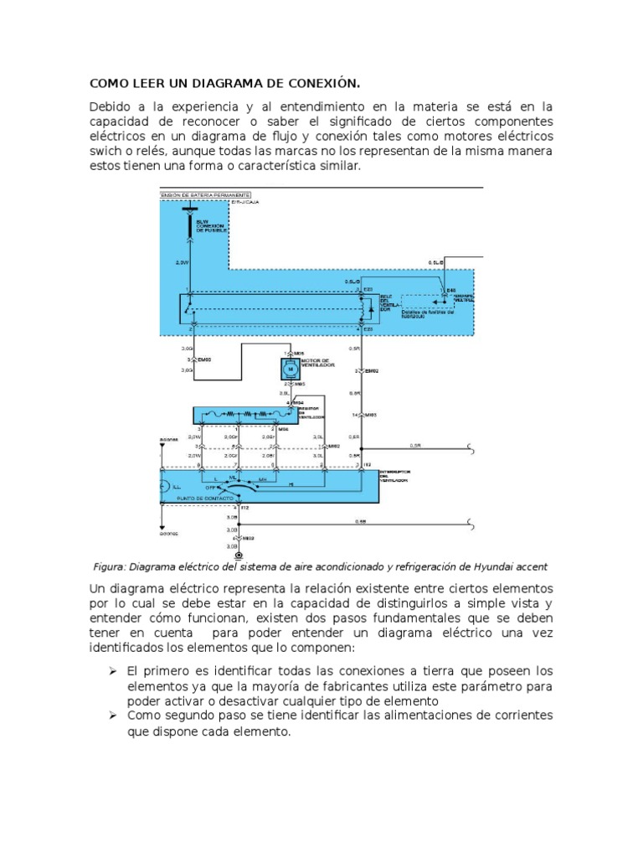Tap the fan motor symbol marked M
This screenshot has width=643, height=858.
[x=288, y=368]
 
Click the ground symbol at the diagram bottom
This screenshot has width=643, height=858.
[x=239, y=556]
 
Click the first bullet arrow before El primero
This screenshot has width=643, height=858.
[x=116, y=672]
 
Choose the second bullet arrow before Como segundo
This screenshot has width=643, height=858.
[x=116, y=716]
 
